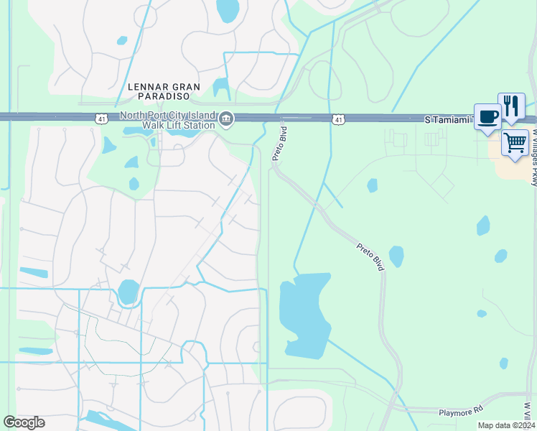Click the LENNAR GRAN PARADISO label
click(x=158, y=91)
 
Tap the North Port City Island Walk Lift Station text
click(x=168, y=120)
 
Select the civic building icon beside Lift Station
click(x=226, y=119)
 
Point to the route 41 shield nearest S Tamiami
click(x=337, y=119)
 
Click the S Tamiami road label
click(x=447, y=119)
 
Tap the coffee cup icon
click(x=487, y=116)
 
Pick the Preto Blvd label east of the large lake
click(x=370, y=256)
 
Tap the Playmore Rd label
click(x=460, y=411)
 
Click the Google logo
click(x=24, y=422)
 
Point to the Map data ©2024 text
click(x=505, y=425)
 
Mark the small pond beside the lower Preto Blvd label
click(x=396, y=256)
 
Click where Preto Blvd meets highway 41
click(x=279, y=118)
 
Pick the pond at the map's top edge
click(x=228, y=10)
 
